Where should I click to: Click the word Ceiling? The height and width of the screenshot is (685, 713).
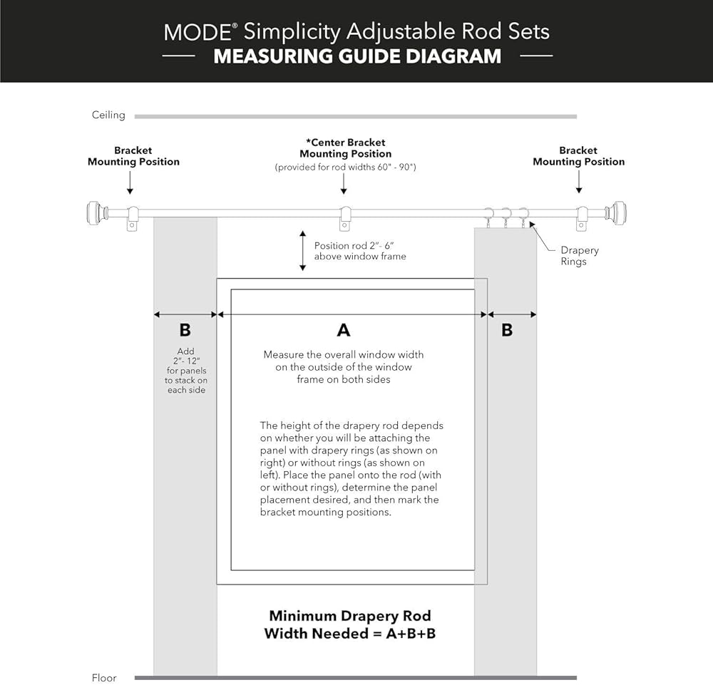click(108, 115)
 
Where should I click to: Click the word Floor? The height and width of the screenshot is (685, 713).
click(104, 678)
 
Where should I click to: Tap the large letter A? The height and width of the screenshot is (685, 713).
click(344, 330)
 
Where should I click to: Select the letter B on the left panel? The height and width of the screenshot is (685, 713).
click(185, 330)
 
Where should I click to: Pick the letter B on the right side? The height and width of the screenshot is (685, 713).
click(507, 330)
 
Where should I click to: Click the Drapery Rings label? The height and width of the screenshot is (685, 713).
click(579, 256)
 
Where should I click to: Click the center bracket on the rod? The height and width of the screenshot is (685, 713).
click(345, 217)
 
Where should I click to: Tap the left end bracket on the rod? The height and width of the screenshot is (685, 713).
click(132, 217)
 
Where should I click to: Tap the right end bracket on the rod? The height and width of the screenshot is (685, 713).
click(582, 217)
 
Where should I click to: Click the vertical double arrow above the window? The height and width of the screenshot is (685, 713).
click(302, 251)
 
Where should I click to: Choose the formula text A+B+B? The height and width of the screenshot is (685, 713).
click(404, 633)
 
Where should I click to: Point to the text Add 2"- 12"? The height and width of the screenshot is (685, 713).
click(186, 356)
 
